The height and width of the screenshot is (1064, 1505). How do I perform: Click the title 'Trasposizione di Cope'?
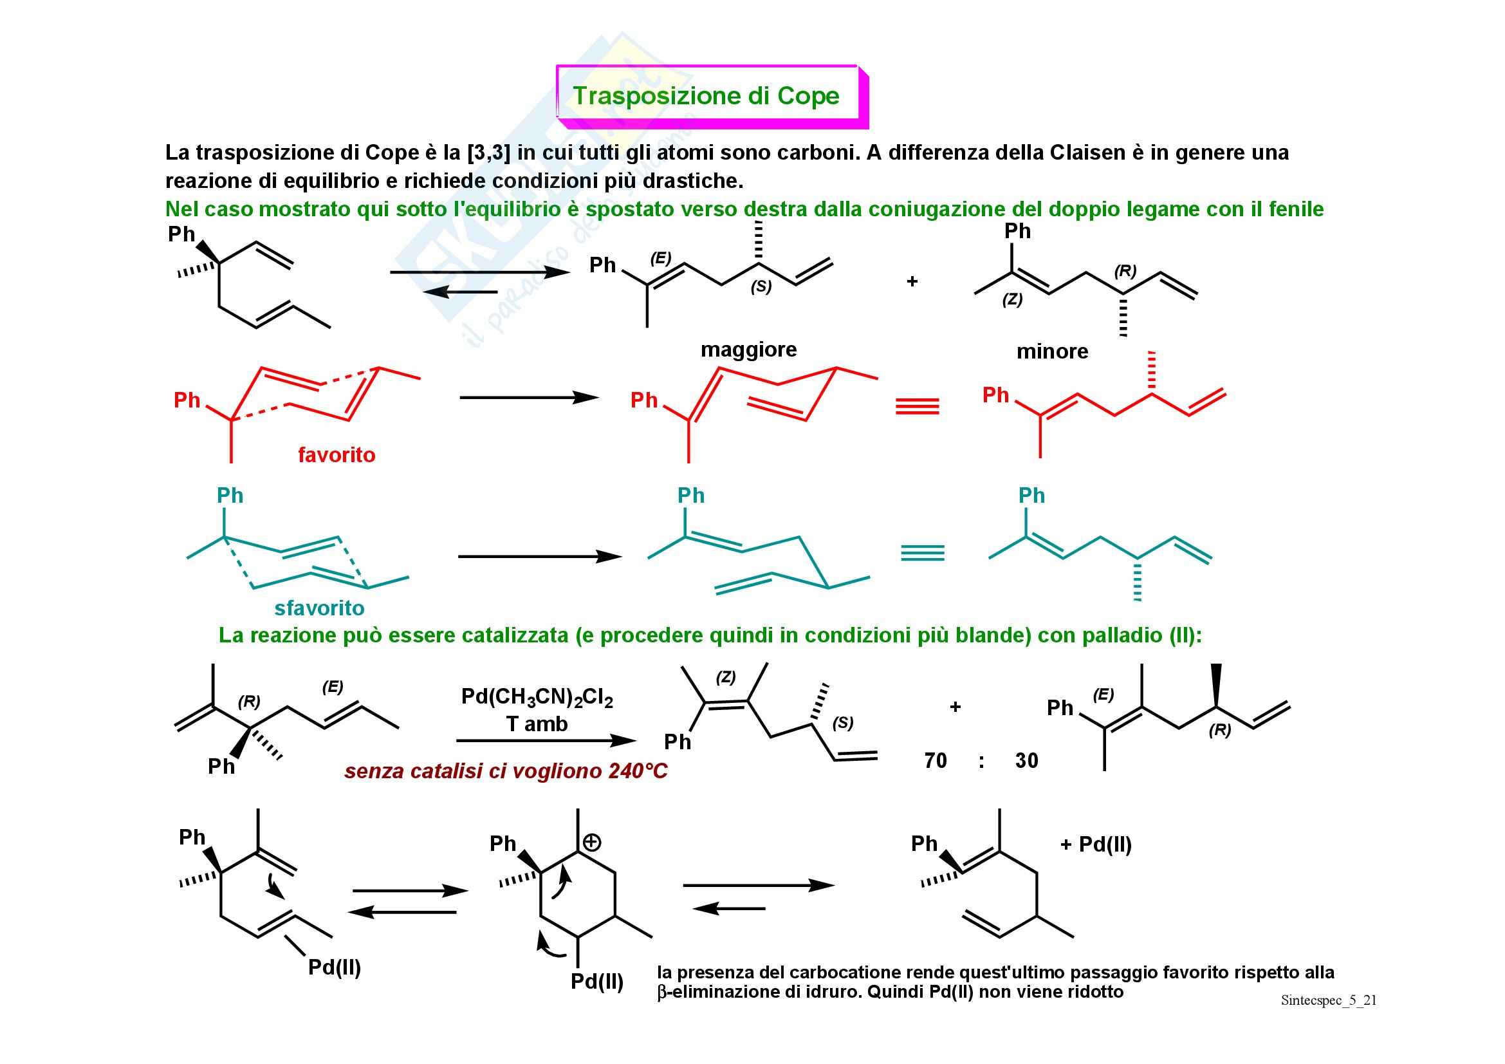706,96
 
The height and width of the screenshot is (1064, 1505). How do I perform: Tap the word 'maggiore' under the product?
748,350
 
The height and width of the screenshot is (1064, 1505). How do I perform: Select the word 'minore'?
1052,352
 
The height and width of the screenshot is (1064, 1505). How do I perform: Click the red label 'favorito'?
337,455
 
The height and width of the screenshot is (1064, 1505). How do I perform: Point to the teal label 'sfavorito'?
319,608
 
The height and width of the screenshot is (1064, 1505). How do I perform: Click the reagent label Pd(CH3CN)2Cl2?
537,698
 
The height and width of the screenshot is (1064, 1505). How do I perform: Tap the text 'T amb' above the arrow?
537,724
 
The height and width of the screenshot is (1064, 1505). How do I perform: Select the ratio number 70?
936,760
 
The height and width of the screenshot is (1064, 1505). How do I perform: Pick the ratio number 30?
1026,760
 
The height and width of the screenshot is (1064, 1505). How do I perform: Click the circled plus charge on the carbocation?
591,843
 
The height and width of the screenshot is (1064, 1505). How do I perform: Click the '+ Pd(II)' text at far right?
1096,845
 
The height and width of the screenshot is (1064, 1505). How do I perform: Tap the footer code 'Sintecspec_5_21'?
1329,1000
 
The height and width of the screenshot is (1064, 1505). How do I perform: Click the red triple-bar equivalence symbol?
917,406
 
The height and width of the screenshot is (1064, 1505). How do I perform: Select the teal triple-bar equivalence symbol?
922,554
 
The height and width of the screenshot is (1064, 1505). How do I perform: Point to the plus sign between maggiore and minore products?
912,282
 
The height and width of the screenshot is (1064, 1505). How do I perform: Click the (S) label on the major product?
761,287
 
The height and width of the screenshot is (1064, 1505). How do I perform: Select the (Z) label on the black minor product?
1012,300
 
